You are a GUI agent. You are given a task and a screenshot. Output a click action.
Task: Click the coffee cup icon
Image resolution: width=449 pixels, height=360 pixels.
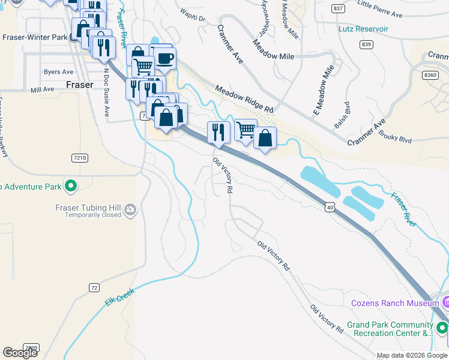(x=164, y=59)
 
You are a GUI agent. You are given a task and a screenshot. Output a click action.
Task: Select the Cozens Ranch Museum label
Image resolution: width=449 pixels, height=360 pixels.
(x=395, y=304)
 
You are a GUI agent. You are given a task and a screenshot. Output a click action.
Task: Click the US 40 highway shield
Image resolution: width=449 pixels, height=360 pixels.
(x=330, y=207)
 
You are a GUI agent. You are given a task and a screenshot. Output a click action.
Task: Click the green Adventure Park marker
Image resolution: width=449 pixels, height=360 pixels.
(x=71, y=187)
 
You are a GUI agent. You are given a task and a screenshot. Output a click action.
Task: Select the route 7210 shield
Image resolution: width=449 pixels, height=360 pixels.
(x=79, y=158)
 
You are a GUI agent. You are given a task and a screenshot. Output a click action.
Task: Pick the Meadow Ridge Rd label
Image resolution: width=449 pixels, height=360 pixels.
(x=244, y=99)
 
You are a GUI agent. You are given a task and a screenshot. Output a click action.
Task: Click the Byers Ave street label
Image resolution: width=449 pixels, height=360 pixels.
(x=58, y=72)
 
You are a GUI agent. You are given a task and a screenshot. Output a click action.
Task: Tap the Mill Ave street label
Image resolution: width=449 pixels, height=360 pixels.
(x=42, y=89)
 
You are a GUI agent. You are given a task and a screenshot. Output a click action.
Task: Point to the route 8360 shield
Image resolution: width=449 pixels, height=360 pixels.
(x=430, y=75)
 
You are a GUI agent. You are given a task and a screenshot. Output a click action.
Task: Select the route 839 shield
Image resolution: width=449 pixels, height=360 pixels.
(x=367, y=44)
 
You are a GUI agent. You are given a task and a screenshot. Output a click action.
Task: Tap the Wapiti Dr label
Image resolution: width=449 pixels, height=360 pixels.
(x=193, y=14)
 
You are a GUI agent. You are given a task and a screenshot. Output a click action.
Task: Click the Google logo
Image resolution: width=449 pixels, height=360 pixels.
(x=20, y=353)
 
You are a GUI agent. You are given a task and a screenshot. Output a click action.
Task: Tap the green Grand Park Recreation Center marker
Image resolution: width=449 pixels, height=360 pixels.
(x=442, y=328)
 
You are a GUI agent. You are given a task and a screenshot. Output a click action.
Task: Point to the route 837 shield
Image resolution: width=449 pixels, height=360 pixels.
(x=338, y=8)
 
